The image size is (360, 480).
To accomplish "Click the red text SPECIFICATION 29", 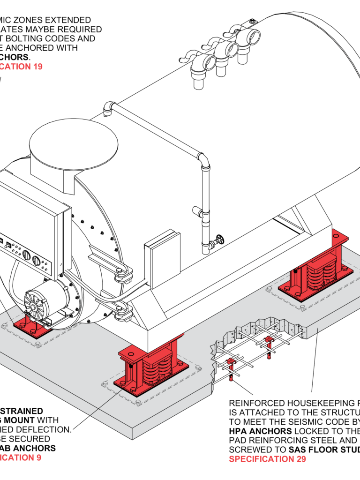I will pyautogui.click(x=267, y=459).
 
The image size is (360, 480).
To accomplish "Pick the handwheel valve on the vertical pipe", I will pyautogui.click(x=217, y=241).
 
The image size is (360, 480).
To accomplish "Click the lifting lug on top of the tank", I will pyautogui.click(x=252, y=22).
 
